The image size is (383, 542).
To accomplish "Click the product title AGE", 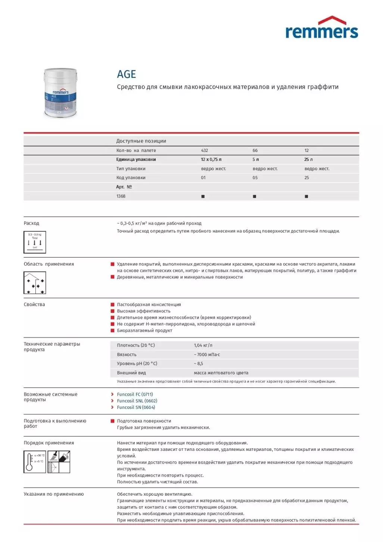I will [127, 74].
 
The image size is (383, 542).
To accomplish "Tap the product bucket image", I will [60, 93].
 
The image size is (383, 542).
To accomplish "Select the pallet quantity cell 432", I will [205, 150].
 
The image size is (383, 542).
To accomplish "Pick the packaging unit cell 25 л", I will [308, 159].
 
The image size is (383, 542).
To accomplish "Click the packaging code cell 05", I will [255, 178].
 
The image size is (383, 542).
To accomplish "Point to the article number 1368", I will [121, 196].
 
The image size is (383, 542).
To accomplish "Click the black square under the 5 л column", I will [255, 196].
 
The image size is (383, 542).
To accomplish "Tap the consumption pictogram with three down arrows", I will [35, 242].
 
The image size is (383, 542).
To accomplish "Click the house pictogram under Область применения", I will [35, 283].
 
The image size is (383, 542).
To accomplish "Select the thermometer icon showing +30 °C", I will [35, 462].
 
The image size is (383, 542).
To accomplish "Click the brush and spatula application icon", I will [59, 462].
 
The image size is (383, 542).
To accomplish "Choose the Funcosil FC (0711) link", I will [135, 394].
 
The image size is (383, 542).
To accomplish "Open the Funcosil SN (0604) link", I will [136, 407].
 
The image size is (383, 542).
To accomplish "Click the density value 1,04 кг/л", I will [203, 345].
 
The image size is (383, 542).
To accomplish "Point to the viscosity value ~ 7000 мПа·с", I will [207, 355].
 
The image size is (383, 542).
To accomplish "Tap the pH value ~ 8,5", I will [199, 364].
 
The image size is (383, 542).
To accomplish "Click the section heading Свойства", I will [34, 304].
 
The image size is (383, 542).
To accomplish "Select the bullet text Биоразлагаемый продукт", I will [144, 330].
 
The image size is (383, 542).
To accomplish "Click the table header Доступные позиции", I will [141, 141].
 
